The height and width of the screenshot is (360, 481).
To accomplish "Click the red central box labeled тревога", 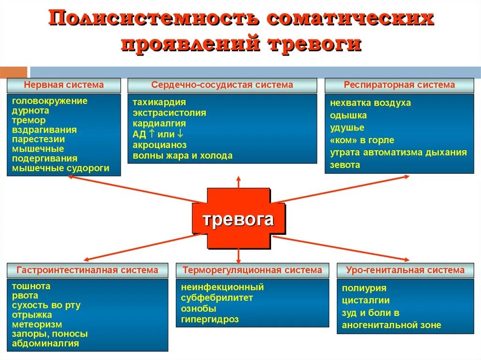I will pos(238,219).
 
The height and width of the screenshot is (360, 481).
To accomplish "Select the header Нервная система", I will pos(64,85).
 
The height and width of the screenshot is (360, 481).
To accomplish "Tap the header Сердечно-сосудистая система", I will pos(222,85).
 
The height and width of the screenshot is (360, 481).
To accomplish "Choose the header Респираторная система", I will pos(399,85).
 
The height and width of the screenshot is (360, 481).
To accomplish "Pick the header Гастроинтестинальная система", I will pos(87,270).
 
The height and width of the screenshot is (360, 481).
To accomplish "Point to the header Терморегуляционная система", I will pos(253,270).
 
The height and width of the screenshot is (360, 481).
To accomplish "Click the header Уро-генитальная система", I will pos(405,270).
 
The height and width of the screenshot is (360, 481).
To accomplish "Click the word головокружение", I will pos(50,100).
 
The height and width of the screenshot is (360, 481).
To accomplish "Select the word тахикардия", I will pos(159,102).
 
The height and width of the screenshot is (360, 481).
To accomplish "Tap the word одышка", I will pos(349,115).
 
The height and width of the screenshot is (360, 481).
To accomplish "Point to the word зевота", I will pos(345,165).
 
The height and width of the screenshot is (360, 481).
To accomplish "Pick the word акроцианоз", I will pos(159,145).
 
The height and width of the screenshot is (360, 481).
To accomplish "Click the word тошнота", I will pos(31,286).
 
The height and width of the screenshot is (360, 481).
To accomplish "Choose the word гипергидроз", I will pos(210,320).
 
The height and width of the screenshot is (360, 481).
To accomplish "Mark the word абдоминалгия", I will pos(46,344).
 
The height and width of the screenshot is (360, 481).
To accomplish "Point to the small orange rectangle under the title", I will pos(14,72).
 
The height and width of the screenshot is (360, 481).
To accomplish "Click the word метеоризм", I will pos(37,324).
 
